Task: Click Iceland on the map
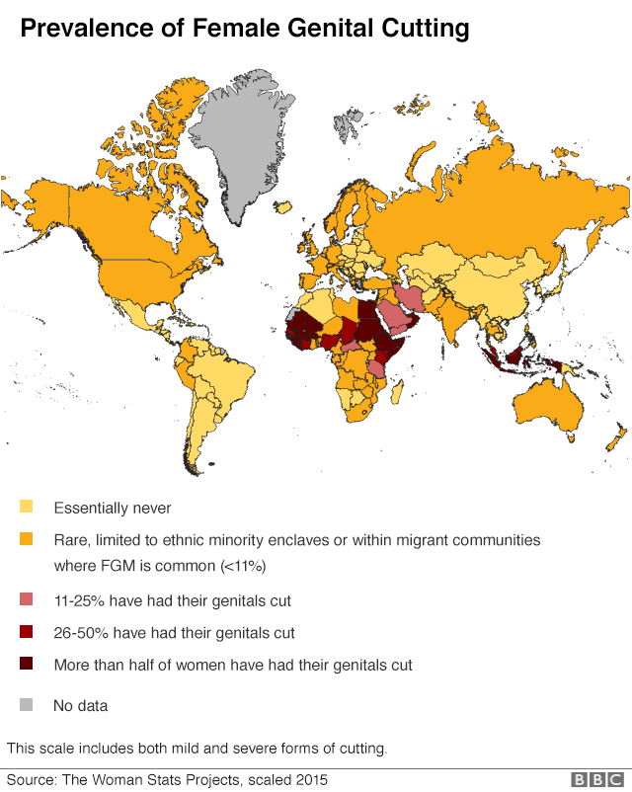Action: point(283,208)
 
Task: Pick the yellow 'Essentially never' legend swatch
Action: point(27,508)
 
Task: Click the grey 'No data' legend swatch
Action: point(27,705)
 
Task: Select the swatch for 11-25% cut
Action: point(27,599)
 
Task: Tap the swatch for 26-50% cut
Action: point(27,632)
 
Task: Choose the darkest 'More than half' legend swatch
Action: point(27,665)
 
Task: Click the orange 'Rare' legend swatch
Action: point(27,540)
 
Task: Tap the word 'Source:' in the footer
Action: point(31,779)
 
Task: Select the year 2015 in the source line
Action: point(309,779)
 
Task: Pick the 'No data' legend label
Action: point(80,705)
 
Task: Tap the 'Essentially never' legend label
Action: point(113,508)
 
